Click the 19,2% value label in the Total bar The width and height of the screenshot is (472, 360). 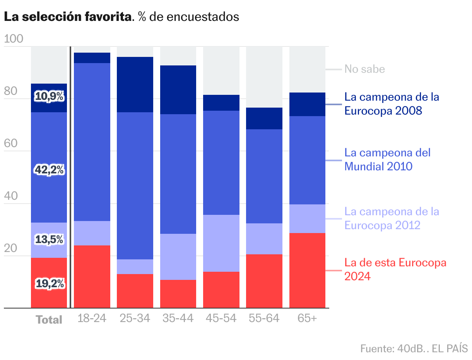50,284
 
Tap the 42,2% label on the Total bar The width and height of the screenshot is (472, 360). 50,170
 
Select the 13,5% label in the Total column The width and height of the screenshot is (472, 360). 50,240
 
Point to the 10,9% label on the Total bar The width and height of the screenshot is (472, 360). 50,96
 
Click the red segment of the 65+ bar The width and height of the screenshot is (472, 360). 307,270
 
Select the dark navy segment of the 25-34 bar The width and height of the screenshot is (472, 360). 135,84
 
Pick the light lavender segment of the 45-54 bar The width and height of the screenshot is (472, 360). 221,243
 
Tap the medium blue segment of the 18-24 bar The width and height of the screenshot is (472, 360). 92,142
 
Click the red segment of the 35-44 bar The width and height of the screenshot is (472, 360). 178,294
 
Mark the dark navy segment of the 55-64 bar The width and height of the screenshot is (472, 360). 264,118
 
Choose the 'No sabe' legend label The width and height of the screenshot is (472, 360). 364,69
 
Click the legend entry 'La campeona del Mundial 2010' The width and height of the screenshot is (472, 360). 387,159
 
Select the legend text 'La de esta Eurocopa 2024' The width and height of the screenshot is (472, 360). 395,269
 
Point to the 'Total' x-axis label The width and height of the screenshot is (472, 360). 49,320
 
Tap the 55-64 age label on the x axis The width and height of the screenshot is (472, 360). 264,319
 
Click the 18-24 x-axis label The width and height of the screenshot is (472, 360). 92,319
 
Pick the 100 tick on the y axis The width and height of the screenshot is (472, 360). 14,39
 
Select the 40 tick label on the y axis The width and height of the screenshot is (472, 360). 10,196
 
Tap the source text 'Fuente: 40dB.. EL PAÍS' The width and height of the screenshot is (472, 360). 414,348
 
